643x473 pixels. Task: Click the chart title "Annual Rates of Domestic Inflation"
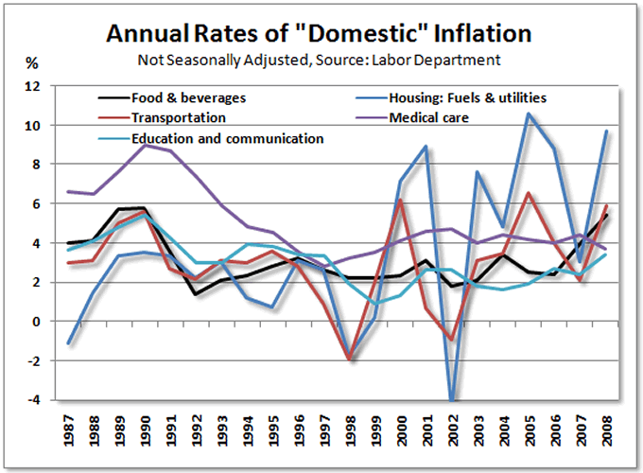coord(320,35)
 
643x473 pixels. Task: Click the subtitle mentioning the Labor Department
coord(320,61)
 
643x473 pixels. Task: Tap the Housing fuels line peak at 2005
coord(529,114)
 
